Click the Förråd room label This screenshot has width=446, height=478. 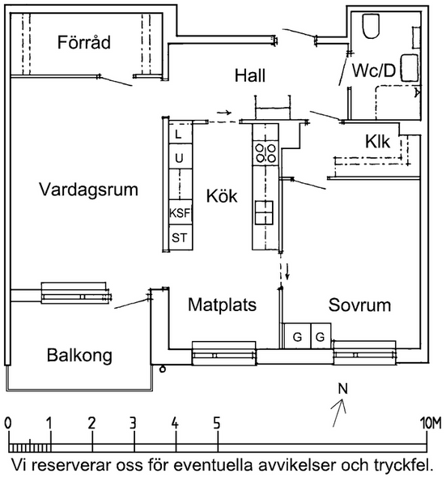point(84,42)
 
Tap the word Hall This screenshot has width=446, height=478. point(250,75)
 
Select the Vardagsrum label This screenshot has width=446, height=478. point(88,190)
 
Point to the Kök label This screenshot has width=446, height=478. point(222,196)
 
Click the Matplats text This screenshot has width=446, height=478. point(222,305)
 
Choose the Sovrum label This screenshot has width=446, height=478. point(359,305)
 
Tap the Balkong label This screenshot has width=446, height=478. point(79,356)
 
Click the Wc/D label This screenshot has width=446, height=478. point(373,70)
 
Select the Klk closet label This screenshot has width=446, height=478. point(377,142)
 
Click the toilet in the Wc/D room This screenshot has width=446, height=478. point(371,26)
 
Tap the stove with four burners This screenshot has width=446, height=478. point(265,153)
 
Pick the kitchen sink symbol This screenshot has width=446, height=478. point(264,213)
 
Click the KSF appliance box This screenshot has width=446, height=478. point(181,212)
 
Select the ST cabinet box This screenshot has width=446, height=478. point(181,237)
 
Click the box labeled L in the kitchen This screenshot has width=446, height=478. point(181,134)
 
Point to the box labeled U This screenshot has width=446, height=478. point(181,156)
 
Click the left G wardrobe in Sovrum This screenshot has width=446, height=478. point(297,336)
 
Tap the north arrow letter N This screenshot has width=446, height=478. point(343,389)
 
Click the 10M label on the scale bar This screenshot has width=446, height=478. point(431,424)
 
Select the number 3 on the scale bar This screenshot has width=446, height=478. point(133,424)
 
